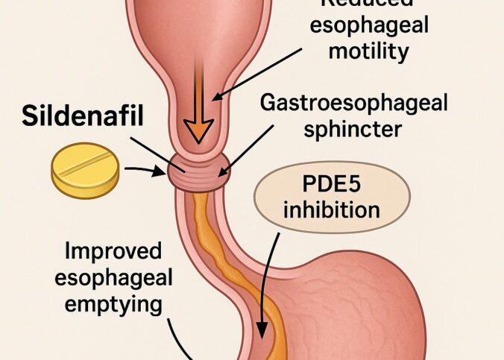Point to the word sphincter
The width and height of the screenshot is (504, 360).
point(350,128)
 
